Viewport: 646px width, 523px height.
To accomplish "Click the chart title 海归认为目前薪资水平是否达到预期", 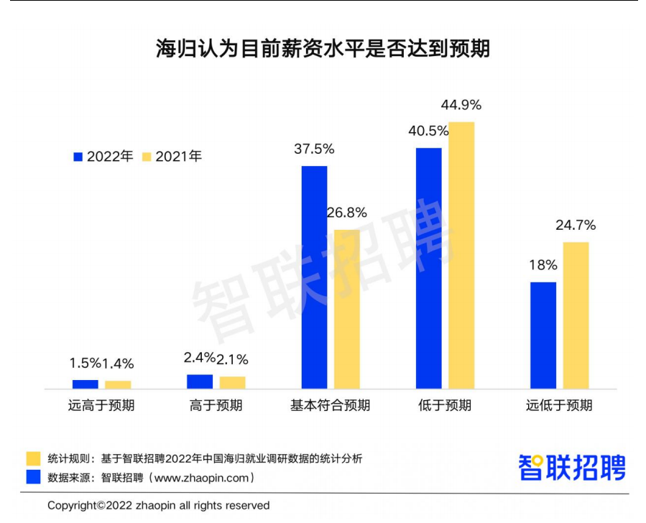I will (323, 49).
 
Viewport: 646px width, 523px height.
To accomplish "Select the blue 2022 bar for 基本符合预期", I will (314, 277).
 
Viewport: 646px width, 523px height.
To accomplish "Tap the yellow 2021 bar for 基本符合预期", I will (347, 309).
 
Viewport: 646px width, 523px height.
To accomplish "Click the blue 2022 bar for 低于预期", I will (428, 268).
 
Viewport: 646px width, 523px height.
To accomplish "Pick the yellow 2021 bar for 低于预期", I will (461, 255).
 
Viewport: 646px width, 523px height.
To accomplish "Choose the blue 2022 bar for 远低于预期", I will (543, 335).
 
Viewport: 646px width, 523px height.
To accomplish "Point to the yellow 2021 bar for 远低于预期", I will (576, 315).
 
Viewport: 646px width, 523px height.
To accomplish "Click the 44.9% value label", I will (461, 105).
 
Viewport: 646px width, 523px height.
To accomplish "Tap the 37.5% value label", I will (314, 149).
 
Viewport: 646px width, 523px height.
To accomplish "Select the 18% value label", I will (543, 265).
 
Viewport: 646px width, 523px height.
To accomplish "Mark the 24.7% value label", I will (576, 225).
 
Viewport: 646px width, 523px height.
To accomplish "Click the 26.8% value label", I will (347, 213).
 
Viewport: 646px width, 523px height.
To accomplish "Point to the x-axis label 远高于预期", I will (101, 405).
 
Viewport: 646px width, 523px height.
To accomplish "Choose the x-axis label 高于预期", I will (216, 405).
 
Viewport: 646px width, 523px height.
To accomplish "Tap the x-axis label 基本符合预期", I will (330, 405).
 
